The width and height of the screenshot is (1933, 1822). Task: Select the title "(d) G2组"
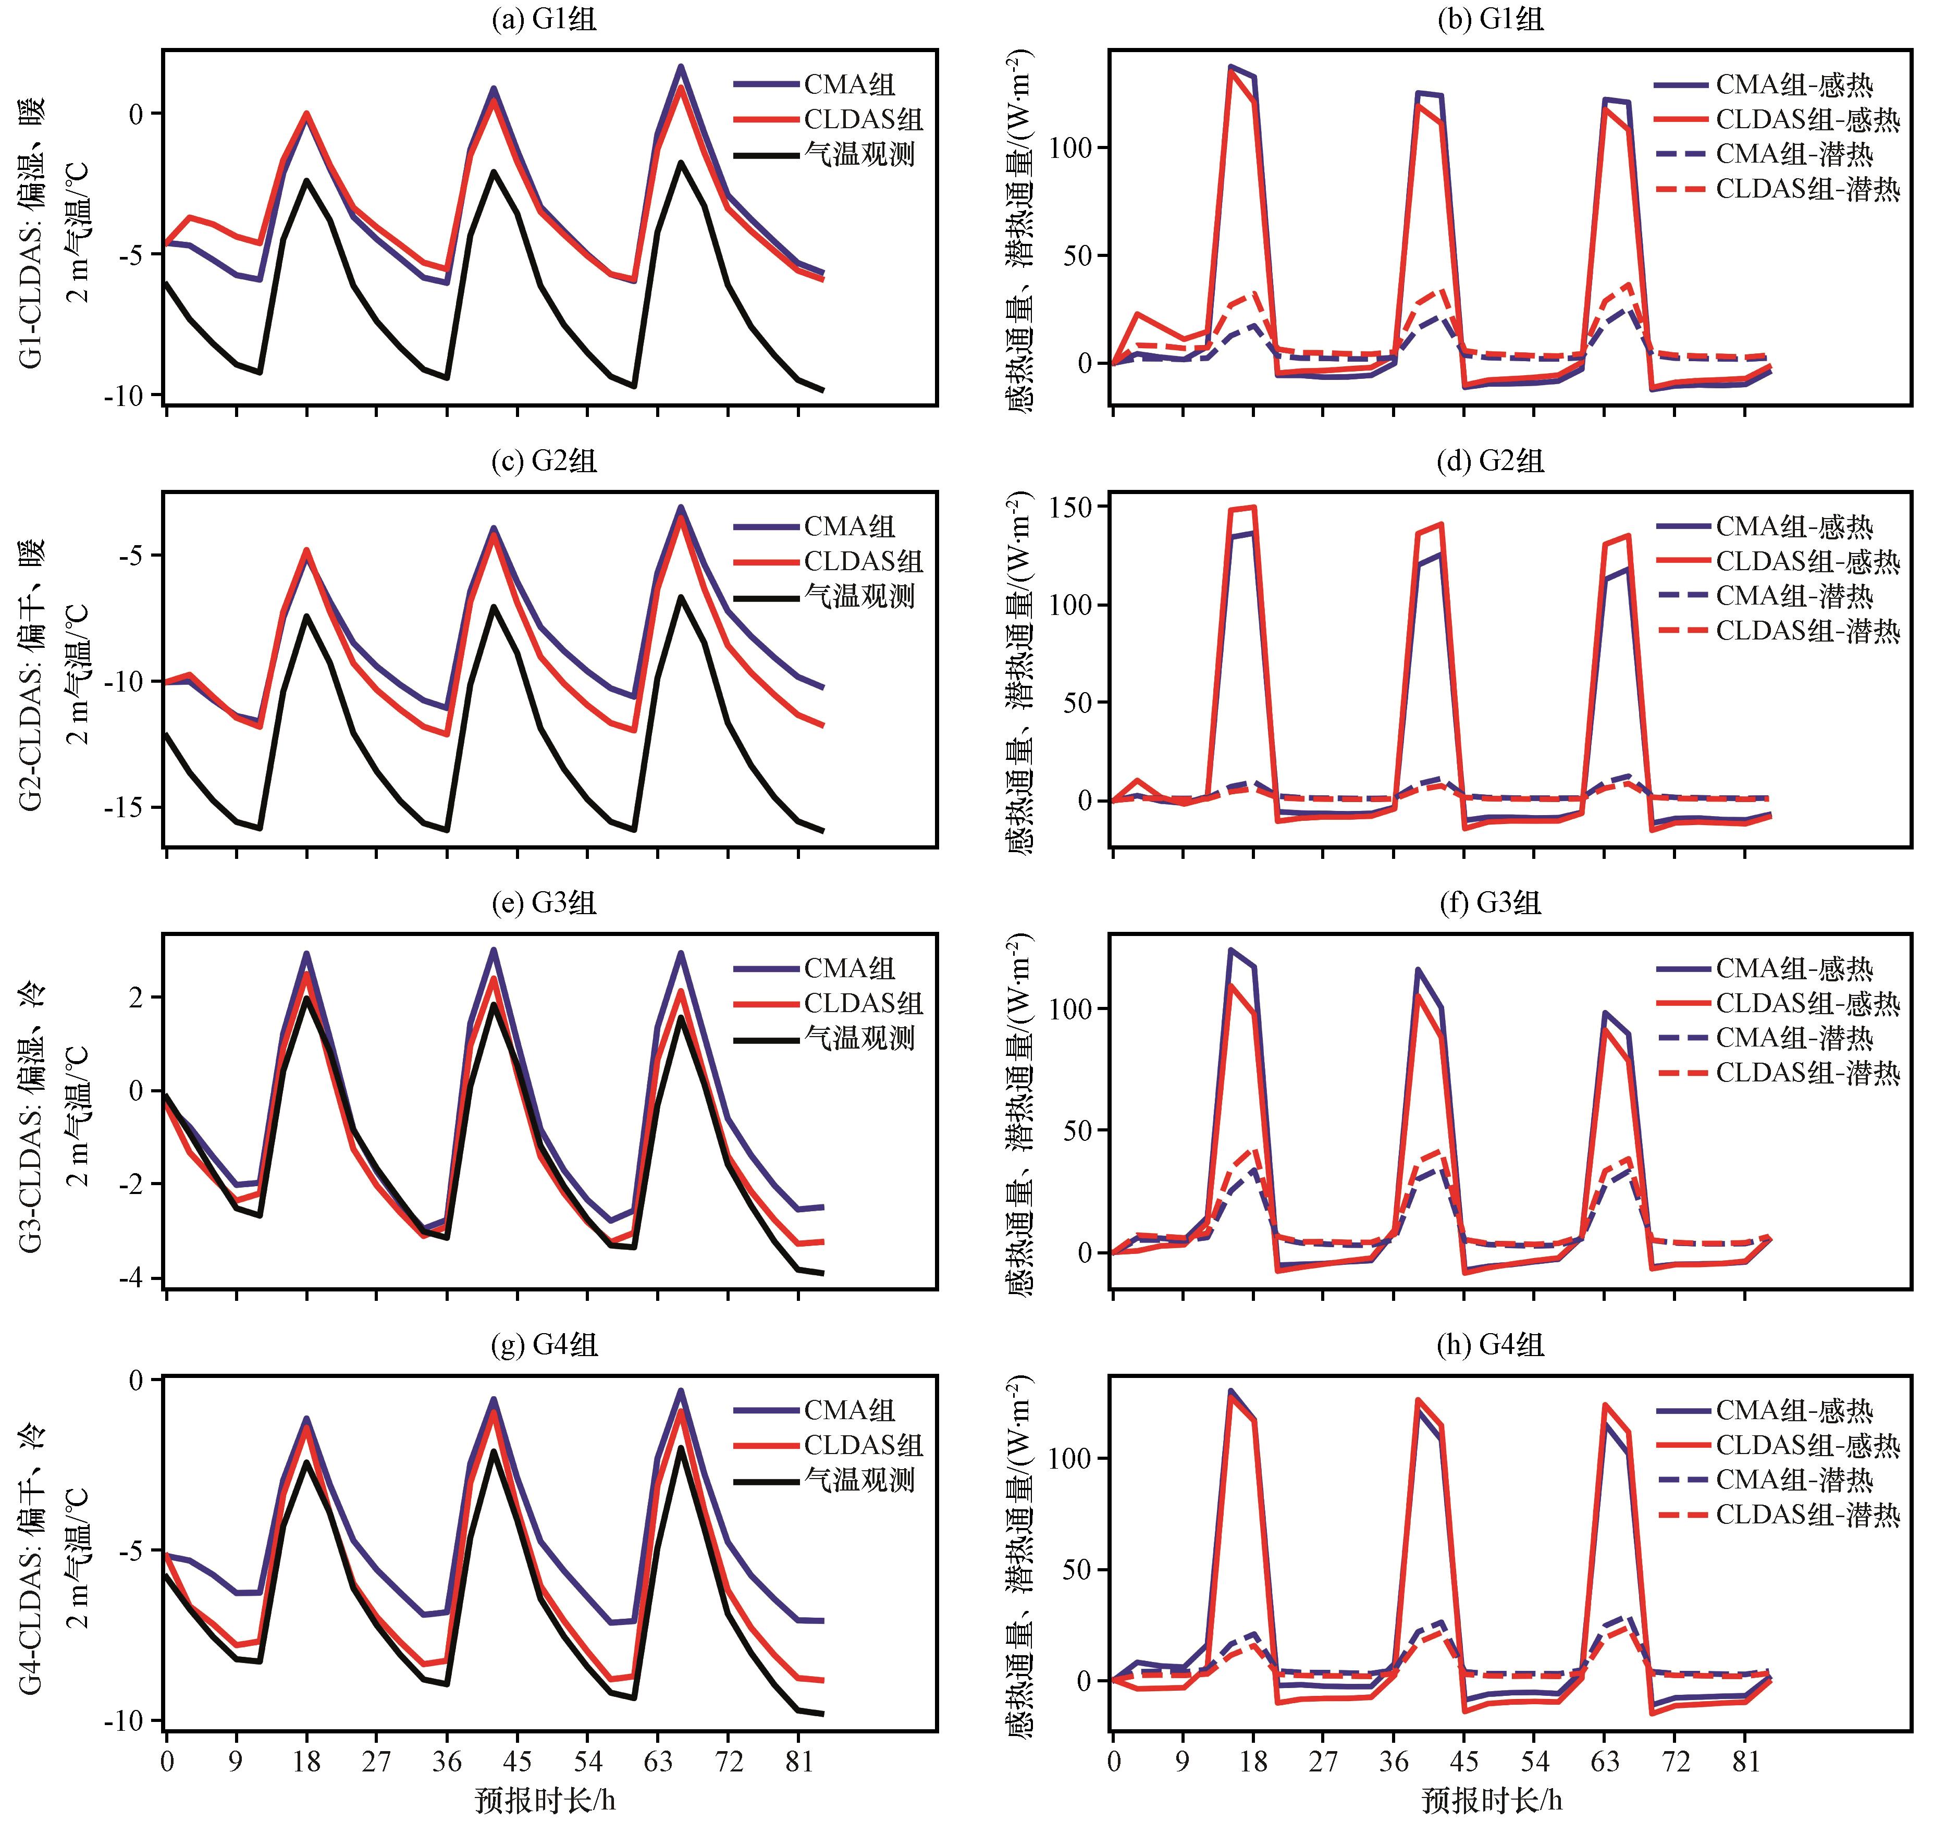tap(1489, 461)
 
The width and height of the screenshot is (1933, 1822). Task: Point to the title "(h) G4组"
tap(1489, 1346)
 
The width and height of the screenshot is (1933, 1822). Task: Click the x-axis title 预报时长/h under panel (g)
tap(545, 1800)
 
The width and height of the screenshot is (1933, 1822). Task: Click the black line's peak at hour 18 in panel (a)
tap(307, 180)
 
